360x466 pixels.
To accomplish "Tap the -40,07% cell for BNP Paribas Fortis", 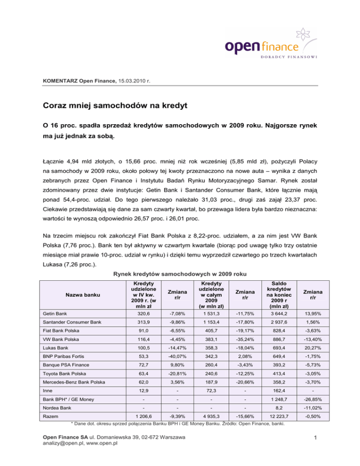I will click(172, 357).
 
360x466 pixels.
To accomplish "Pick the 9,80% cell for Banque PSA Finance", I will click(172, 368).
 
